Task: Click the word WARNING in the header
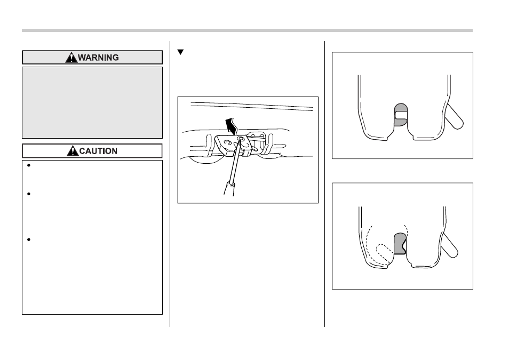tap(98, 58)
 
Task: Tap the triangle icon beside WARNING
tap(71, 58)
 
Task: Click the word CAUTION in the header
tap(98, 151)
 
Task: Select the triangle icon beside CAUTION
tap(73, 151)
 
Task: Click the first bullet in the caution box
tap(29, 165)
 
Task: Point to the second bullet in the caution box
tap(29, 194)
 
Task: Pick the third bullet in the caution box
tap(29, 239)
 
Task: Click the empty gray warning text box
tap(92, 102)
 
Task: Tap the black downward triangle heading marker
tap(180, 52)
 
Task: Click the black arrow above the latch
tap(232, 126)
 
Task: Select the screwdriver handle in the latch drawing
tap(229, 189)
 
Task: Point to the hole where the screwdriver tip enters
tap(241, 139)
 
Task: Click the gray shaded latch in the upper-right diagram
tap(401, 115)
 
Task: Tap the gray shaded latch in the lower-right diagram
tap(400, 243)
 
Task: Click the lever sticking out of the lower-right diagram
tap(449, 246)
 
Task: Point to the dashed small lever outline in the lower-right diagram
tap(384, 252)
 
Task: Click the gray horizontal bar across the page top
tap(247, 30)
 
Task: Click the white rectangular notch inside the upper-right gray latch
tap(401, 115)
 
